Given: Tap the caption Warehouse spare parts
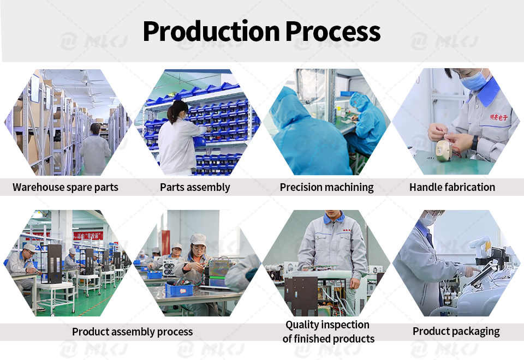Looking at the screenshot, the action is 65,187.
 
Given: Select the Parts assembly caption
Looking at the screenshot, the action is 195,187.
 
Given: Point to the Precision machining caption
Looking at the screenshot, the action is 326,187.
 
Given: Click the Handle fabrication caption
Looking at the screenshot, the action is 452,187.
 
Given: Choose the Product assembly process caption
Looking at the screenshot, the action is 132,332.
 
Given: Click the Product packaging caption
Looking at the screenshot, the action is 456,331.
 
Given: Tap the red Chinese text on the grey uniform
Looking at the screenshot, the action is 499,118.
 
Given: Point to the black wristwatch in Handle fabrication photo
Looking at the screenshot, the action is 475,142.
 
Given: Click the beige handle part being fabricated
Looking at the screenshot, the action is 444,151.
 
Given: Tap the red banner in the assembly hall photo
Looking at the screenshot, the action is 88,236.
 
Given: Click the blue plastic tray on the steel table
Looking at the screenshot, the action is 179,289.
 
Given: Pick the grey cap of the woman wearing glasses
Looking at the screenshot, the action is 198,239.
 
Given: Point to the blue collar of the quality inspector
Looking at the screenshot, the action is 334,218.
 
